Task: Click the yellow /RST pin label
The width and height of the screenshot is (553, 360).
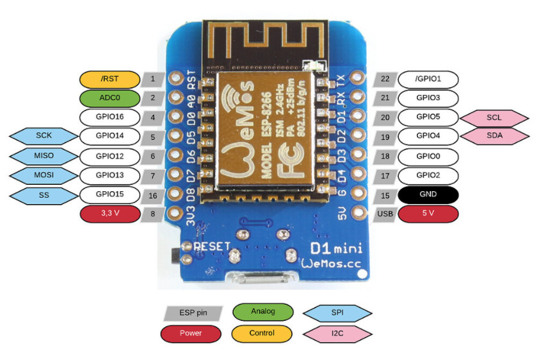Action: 110,80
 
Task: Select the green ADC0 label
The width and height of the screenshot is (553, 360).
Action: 110,98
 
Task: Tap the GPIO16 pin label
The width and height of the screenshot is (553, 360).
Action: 110,117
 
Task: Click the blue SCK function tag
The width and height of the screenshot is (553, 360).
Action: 44,136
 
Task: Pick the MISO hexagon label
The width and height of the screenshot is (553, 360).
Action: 44,156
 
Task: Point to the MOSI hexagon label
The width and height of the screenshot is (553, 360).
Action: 44,175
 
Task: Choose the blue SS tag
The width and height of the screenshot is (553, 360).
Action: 44,196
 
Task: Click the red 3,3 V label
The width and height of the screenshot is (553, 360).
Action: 110,214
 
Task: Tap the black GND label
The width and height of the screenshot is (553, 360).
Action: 428,195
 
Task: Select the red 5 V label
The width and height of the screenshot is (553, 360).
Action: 428,214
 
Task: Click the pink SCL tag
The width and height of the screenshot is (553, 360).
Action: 494,118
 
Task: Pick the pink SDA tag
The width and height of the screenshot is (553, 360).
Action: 495,136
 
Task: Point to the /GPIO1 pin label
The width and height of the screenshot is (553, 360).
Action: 428,80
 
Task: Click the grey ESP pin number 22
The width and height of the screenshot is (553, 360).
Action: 385,80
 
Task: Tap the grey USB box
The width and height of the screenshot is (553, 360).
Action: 385,214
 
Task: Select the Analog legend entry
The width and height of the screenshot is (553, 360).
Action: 263,312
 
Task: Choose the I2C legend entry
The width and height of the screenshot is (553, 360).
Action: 337,334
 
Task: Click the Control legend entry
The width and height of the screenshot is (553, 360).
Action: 261,334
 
